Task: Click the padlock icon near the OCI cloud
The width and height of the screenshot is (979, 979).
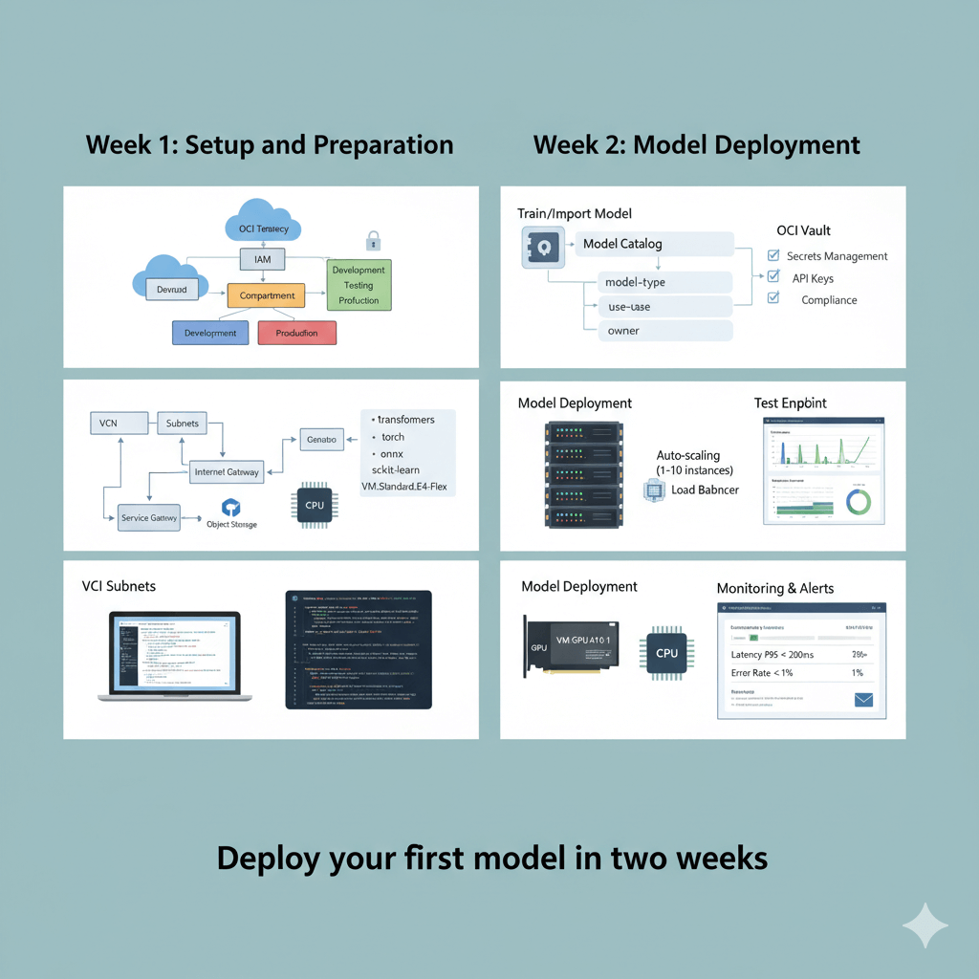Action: (x=373, y=240)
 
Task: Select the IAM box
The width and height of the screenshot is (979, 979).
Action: (x=263, y=259)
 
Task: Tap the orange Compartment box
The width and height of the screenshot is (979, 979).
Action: (x=267, y=295)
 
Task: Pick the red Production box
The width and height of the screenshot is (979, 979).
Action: (x=297, y=333)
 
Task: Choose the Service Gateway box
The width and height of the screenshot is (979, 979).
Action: (x=149, y=517)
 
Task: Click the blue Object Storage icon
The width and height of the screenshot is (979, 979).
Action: (x=229, y=508)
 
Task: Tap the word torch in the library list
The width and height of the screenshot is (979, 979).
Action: (x=393, y=437)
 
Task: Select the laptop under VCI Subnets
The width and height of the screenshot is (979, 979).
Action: (x=176, y=658)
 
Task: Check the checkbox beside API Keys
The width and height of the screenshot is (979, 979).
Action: (x=773, y=277)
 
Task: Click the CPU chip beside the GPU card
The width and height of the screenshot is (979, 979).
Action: (x=667, y=653)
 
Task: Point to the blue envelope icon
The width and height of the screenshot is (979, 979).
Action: (x=864, y=700)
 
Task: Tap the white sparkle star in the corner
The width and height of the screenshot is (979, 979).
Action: (x=925, y=925)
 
